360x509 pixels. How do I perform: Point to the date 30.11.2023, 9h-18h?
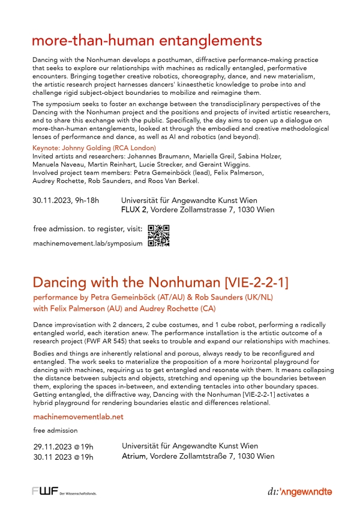[x=65, y=200]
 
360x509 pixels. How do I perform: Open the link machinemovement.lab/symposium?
[x=88, y=244]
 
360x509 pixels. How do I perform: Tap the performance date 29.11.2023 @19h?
[x=63, y=447]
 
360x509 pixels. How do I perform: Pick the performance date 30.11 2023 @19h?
[x=63, y=457]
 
